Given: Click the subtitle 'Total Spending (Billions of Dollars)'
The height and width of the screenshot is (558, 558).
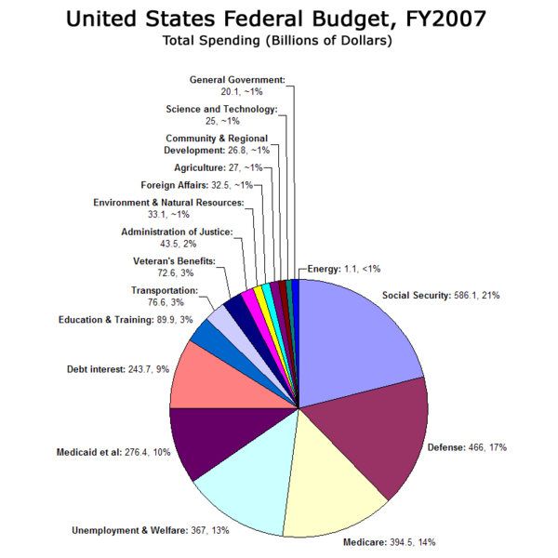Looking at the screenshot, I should (278, 41).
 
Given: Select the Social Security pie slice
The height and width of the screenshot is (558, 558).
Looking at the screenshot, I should (358, 335).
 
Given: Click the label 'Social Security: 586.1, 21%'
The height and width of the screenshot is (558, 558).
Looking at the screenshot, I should (441, 296).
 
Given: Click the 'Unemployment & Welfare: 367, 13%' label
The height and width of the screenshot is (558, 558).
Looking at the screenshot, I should (150, 531).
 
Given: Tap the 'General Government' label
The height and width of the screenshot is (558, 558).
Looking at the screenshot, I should (237, 86).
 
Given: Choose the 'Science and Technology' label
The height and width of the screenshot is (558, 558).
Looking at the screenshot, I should (221, 115).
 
